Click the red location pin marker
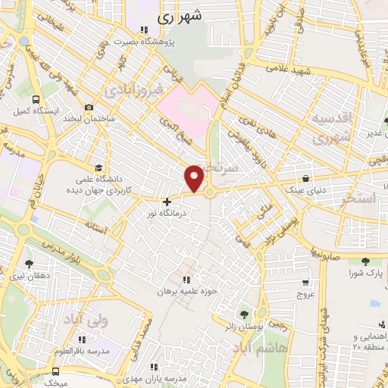[x=195, y=178]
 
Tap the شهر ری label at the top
[x=180, y=15]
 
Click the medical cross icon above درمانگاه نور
[x=167, y=202]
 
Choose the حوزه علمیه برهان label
[x=187, y=290]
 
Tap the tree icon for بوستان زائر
[x=244, y=313]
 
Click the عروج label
[x=305, y=293]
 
